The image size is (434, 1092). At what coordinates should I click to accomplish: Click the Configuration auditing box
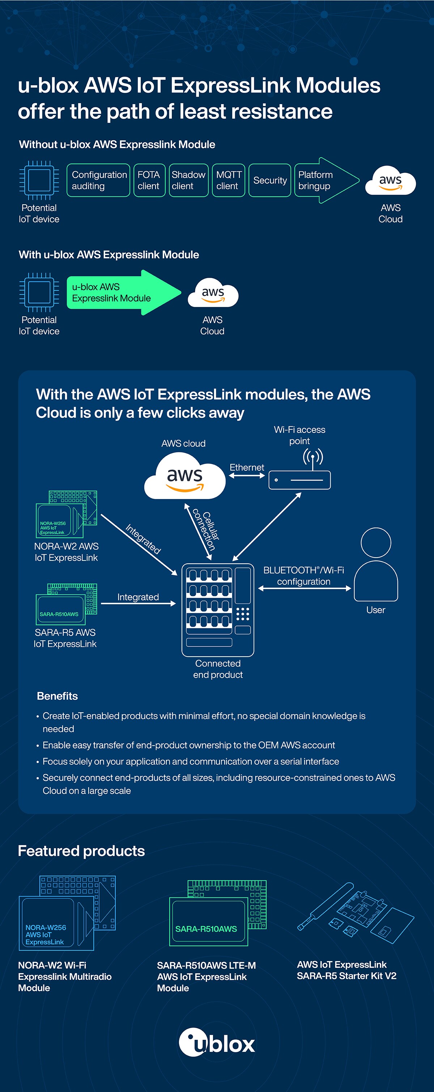[98, 180]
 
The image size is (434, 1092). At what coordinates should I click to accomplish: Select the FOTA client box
[149, 180]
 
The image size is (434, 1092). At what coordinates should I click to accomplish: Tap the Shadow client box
[188, 180]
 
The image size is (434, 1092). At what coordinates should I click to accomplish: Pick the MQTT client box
[229, 180]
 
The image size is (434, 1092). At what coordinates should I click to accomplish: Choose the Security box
[269, 180]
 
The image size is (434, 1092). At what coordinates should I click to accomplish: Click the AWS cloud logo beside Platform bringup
[390, 182]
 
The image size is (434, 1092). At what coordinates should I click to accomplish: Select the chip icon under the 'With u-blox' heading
[39, 292]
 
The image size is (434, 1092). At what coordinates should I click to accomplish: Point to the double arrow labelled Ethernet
[247, 475]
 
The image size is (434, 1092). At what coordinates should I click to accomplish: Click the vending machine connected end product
[217, 610]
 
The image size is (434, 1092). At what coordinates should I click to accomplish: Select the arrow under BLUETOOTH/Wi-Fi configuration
[304, 588]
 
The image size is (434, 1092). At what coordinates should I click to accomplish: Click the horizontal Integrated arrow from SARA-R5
[138, 603]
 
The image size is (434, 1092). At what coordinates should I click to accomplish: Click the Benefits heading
[57, 696]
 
